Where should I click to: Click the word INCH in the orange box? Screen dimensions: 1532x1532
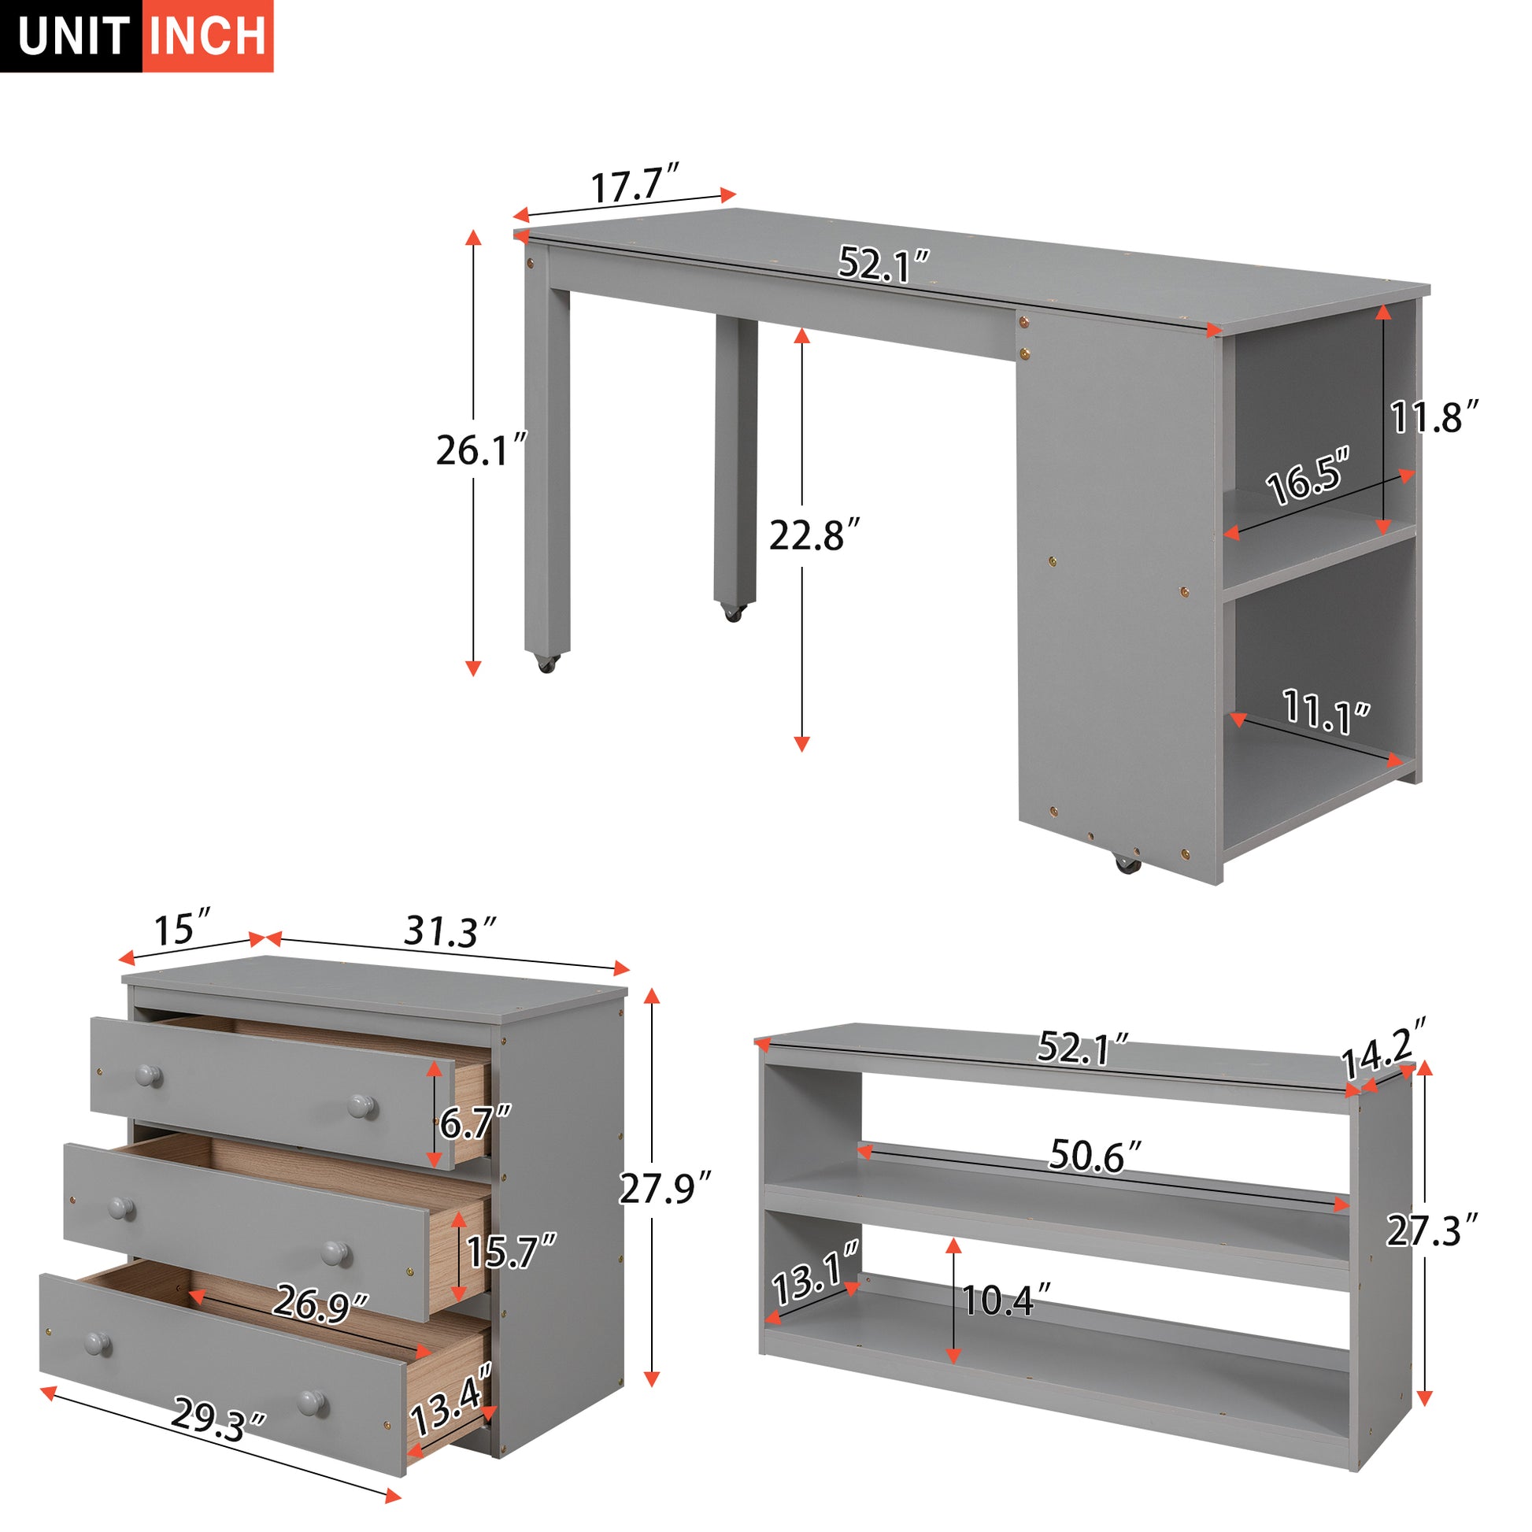click(x=208, y=35)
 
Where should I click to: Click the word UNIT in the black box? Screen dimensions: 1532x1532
click(x=73, y=36)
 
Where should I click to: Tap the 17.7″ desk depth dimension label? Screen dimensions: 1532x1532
click(x=635, y=186)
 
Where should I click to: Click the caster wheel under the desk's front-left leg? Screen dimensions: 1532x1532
click(x=546, y=663)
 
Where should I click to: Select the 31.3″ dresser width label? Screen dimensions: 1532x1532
click(x=450, y=931)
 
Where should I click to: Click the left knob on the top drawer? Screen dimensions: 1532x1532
click(x=146, y=1075)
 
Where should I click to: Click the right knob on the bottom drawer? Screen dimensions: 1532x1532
click(x=311, y=1401)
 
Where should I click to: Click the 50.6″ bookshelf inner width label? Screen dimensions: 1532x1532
click(x=1097, y=1156)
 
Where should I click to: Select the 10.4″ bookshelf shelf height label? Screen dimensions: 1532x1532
click(x=1005, y=1300)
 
